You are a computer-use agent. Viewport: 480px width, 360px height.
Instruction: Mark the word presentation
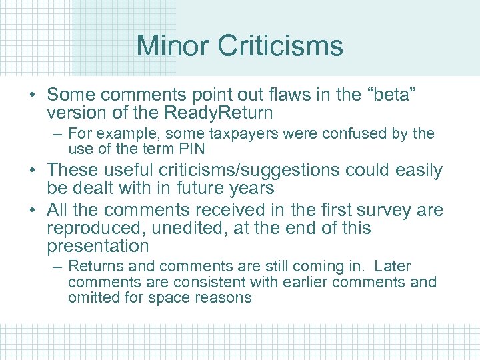(x=98, y=247)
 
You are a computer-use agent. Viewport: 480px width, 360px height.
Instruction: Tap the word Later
(x=393, y=267)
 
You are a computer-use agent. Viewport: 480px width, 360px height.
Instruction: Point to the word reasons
(x=225, y=297)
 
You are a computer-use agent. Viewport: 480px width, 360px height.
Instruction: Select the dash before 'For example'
(x=57, y=134)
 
